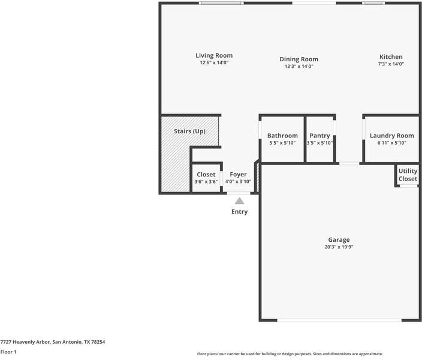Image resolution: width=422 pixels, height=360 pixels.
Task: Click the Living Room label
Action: [214, 56]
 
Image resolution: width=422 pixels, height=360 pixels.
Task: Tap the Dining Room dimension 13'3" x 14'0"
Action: [299, 66]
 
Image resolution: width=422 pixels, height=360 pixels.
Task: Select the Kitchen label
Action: [390, 56]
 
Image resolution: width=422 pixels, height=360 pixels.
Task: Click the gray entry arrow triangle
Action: [239, 201]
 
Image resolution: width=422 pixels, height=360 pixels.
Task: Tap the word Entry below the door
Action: [239, 212]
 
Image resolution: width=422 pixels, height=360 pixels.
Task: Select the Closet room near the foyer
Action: [206, 178]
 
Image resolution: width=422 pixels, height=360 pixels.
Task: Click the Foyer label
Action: [238, 175]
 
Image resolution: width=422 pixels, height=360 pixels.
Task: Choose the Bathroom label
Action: [282, 136]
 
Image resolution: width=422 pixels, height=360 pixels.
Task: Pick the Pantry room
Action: [319, 139]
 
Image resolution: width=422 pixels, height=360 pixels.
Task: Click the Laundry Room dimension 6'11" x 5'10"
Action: [391, 143]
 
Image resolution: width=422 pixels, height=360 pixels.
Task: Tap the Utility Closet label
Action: [408, 175]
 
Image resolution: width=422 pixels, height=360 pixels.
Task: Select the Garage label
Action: [339, 239]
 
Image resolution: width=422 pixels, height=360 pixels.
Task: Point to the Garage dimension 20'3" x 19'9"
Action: [339, 247]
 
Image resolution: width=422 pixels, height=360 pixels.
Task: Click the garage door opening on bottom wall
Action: [339, 320]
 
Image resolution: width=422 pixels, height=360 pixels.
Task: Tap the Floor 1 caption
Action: [8, 352]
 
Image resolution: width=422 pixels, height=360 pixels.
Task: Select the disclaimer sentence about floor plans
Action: [290, 354]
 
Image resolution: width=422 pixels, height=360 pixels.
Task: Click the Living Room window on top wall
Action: [221, 3]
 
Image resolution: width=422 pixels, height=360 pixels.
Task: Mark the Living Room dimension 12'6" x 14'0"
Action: [214, 62]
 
